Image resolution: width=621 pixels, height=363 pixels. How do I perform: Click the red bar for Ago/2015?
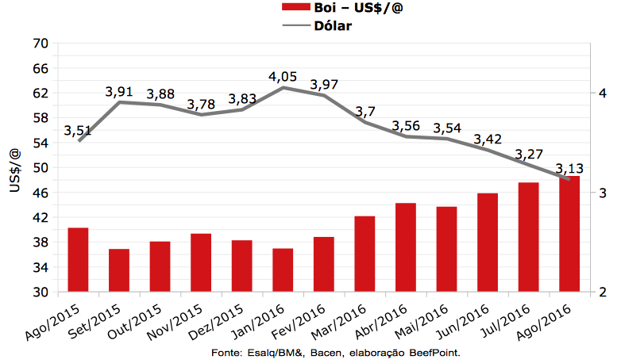coord(78,260)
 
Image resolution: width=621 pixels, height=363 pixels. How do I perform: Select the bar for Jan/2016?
coord(283,270)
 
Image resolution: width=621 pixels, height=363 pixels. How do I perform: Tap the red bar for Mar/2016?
coord(364,254)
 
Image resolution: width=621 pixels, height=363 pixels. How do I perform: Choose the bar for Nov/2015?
coord(201,262)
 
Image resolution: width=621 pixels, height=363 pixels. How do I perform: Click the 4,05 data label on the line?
coord(283,77)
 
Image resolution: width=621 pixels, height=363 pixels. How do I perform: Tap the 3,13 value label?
coord(569,168)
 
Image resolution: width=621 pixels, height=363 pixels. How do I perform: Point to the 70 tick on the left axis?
coord(40,44)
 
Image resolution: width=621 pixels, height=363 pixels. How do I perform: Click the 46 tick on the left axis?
coord(40,193)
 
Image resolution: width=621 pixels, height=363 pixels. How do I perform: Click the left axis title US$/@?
coord(14,168)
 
